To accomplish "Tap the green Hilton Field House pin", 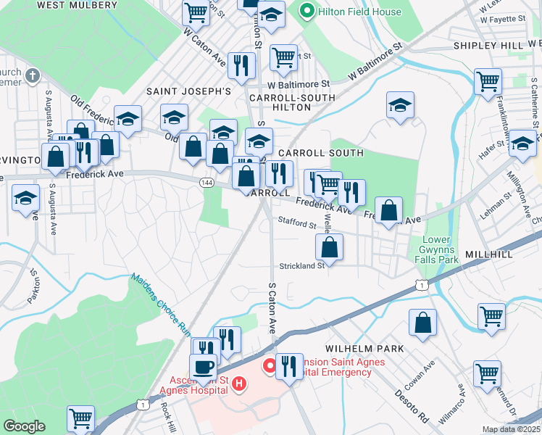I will click(307, 12).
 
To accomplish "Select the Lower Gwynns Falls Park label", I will click(438, 249).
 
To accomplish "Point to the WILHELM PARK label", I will click(364, 349).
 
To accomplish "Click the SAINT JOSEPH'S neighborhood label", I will click(188, 91).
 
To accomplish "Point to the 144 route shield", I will click(206, 182).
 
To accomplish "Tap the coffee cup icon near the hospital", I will click(204, 368).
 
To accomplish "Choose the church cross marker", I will click(32, 75).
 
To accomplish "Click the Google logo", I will click(24, 426).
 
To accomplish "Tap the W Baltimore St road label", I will click(375, 63).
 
